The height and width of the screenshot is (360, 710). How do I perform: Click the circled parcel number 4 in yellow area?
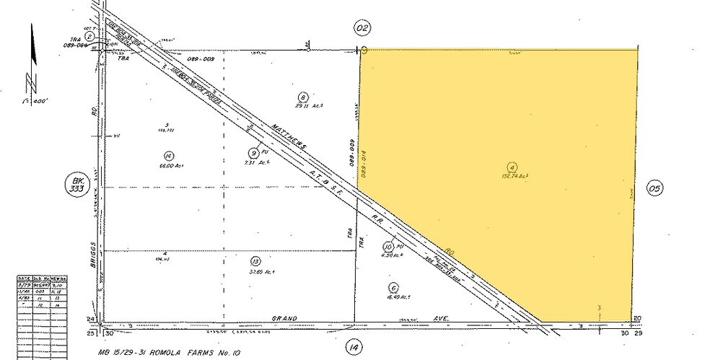pos(511,165)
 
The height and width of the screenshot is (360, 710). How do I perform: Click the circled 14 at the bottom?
pos(354,346)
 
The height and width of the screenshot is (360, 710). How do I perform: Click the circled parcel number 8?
pos(304,97)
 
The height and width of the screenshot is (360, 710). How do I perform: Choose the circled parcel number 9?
pos(254,152)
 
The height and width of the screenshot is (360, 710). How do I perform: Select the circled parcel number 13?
pos(255,261)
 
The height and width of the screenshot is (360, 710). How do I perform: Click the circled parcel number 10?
pos(389,245)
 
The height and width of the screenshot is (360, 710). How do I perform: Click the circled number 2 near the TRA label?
pos(90,36)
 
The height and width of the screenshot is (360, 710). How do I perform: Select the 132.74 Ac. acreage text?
pos(513,175)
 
